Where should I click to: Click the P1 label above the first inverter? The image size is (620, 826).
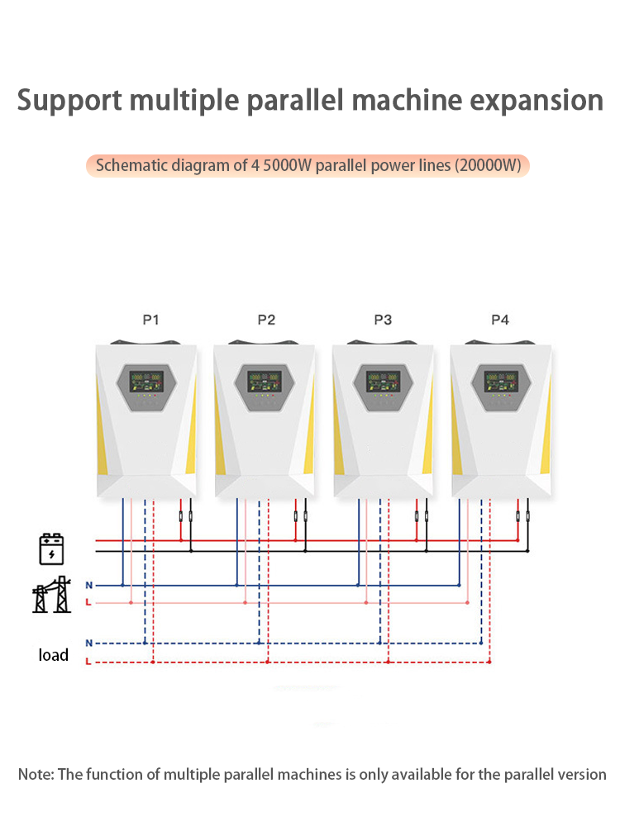pyautogui.click(x=150, y=320)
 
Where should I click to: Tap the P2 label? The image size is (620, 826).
pyautogui.click(x=266, y=320)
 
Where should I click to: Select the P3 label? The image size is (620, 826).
pyautogui.click(x=383, y=320)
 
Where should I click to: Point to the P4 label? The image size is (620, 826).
pyautogui.click(x=500, y=320)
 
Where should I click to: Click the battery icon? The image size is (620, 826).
pyautogui.click(x=51, y=549)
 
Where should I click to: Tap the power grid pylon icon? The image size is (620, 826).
pyautogui.click(x=51, y=594)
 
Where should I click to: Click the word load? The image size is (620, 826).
pyautogui.click(x=53, y=655)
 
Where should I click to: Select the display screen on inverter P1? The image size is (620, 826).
pyautogui.click(x=146, y=382)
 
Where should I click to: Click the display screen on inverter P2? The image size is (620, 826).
pyautogui.click(x=265, y=382)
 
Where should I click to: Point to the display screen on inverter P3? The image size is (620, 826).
pyautogui.click(x=384, y=382)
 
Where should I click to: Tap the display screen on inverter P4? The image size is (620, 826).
pyautogui.click(x=501, y=382)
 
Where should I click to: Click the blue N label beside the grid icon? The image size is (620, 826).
pyautogui.click(x=89, y=586)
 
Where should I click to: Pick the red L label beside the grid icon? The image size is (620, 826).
pyautogui.click(x=88, y=602)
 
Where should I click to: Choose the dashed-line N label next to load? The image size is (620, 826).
pyautogui.click(x=89, y=643)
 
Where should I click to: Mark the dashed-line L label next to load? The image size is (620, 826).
pyautogui.click(x=88, y=662)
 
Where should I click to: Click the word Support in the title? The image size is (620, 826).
pyautogui.click(x=69, y=101)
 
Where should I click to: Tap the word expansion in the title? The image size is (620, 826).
pyautogui.click(x=537, y=101)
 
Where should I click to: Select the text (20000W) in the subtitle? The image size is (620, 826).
pyautogui.click(x=489, y=165)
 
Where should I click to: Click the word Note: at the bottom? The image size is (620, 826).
pyautogui.click(x=36, y=775)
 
